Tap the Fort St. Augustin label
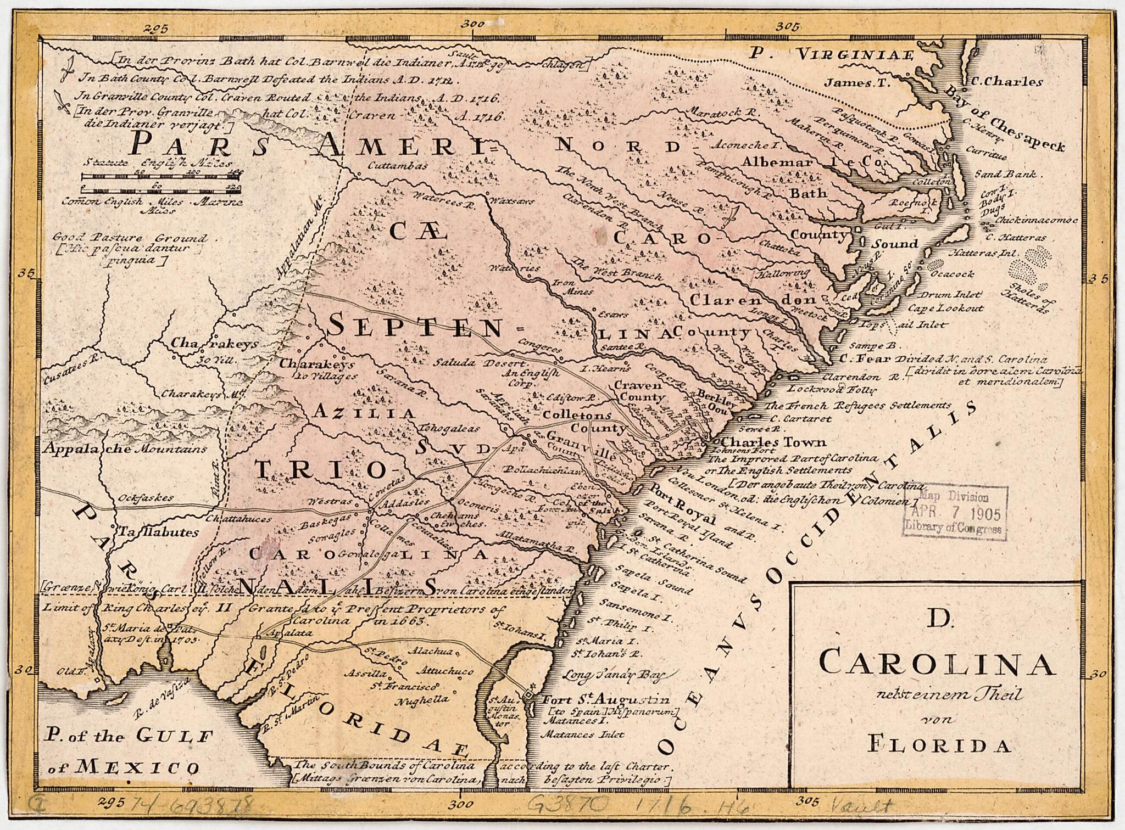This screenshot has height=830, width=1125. click(606, 700)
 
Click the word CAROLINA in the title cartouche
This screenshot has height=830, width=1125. click(937, 663)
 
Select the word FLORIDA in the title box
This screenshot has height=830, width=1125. click(939, 745)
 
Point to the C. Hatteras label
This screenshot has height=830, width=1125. click(1015, 238)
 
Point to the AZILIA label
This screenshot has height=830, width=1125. click(364, 412)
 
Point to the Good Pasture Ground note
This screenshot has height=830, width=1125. click(130, 238)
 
